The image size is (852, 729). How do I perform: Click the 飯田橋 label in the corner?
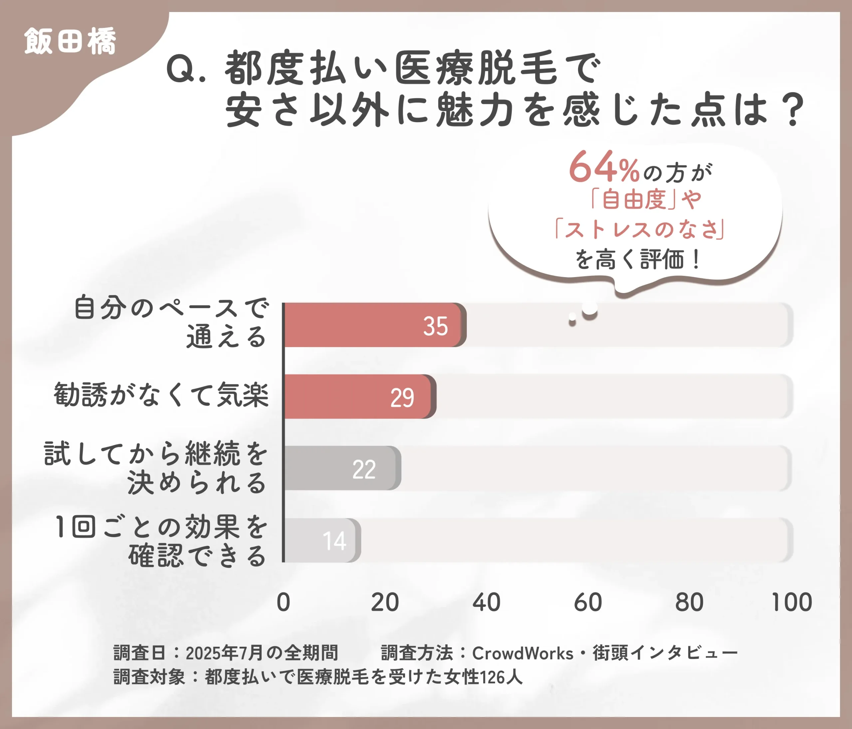[x=70, y=41]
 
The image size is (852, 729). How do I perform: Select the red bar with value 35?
[x=374, y=325]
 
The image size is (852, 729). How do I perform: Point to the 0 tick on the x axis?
[x=283, y=602]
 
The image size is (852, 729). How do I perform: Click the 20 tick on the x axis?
[x=385, y=602]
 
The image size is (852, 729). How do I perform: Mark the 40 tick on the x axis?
[x=487, y=602]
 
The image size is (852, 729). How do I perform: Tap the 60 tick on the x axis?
[x=588, y=602]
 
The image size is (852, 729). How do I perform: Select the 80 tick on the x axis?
[x=690, y=602]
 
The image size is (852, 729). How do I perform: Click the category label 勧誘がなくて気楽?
[x=161, y=395]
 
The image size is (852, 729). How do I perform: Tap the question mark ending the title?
[x=793, y=110]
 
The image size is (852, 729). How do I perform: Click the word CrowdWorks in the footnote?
[x=522, y=653]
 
